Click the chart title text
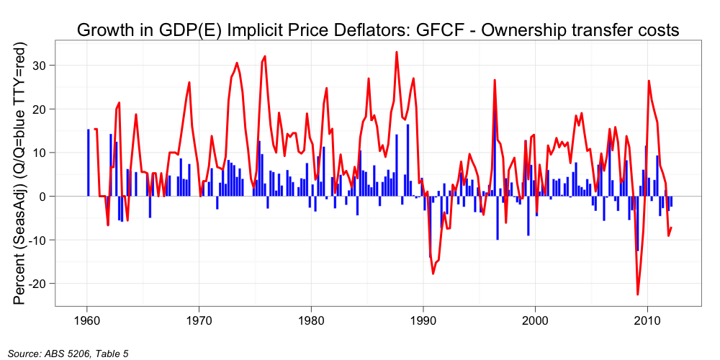click(x=378, y=30)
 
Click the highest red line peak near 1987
click(x=396, y=52)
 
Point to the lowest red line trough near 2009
click(x=637, y=294)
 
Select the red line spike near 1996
click(x=495, y=80)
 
